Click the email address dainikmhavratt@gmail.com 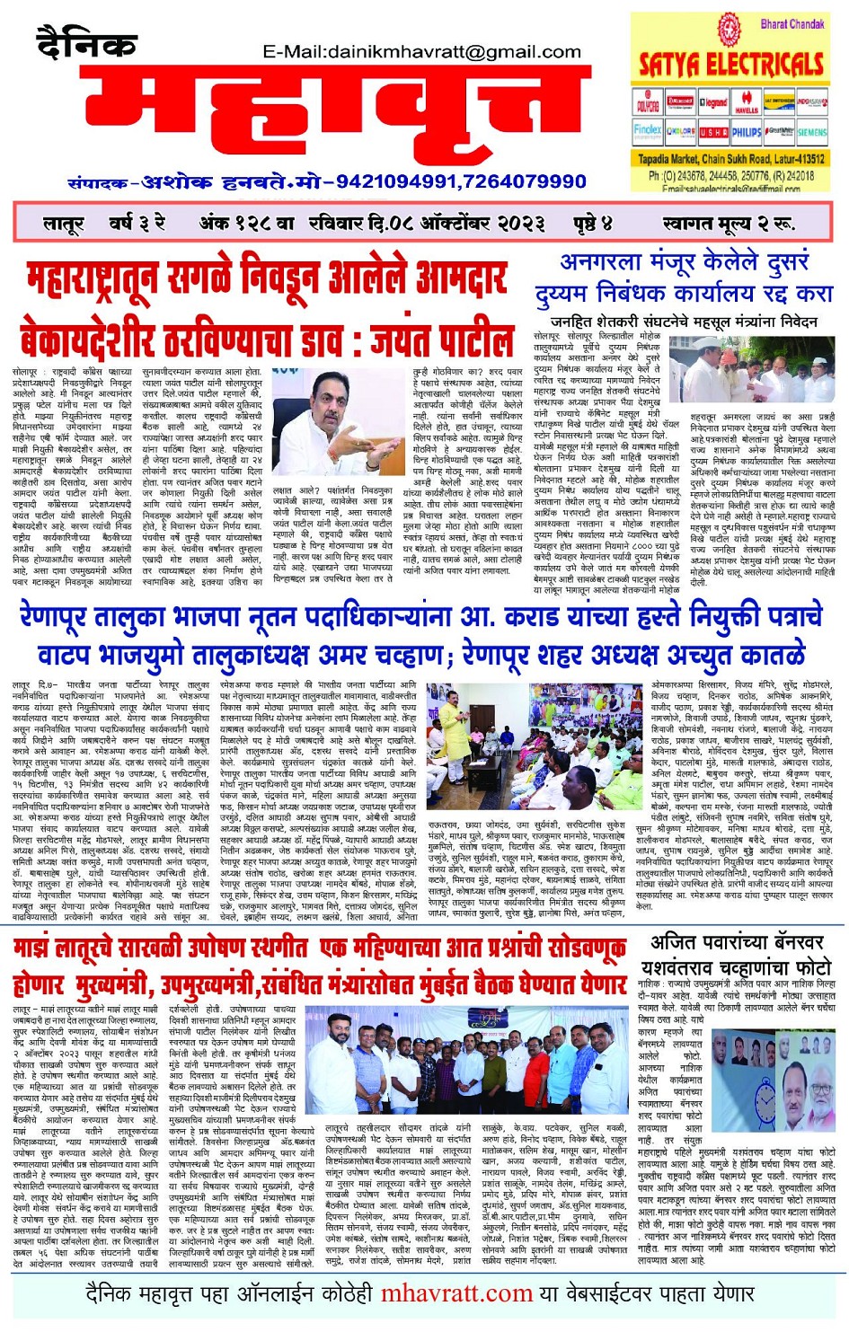coord(421,51)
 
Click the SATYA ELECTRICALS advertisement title coord(730,65)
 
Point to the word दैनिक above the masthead coord(86,40)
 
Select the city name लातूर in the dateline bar coord(64,223)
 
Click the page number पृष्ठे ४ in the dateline coord(592,223)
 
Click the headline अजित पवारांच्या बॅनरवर coord(736,943)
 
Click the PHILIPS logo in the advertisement coord(744,131)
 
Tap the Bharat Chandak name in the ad coord(792,24)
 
